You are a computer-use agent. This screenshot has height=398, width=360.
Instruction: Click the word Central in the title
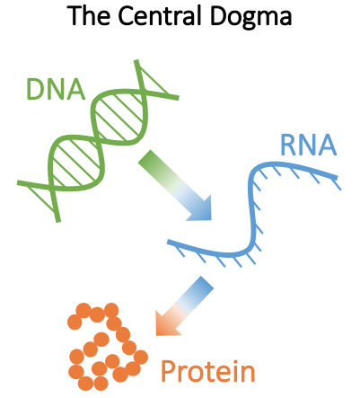pyautogui.click(x=158, y=16)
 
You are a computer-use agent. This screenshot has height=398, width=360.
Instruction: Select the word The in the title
pyautogui.click(x=89, y=16)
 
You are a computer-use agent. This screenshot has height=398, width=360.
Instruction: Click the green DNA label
pyautogui.click(x=56, y=89)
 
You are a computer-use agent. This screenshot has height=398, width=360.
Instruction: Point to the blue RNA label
pyautogui.click(x=309, y=145)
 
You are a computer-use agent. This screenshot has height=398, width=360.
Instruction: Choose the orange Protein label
pyautogui.click(x=208, y=372)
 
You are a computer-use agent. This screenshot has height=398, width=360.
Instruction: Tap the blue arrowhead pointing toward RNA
pyautogui.click(x=200, y=209)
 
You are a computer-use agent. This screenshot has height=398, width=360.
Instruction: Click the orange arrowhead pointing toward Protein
pyautogui.click(x=166, y=324)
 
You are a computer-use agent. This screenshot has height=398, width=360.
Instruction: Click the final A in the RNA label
pyautogui.click(x=327, y=146)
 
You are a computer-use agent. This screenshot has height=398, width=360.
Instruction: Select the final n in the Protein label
pyautogui.click(x=249, y=375)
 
